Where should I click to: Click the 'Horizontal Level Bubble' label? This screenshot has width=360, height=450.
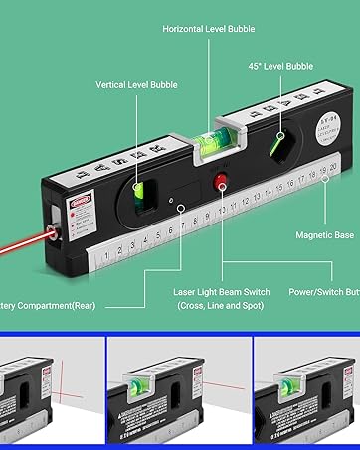[x=209, y=30]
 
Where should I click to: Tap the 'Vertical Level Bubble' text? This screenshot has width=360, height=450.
[x=137, y=85]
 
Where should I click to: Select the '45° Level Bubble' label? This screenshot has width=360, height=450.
[x=280, y=66]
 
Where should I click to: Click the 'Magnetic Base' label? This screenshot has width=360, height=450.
[x=323, y=235]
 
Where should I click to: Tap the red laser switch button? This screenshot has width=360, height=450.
[x=221, y=180]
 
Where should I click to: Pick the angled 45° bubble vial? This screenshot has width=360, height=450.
[x=282, y=148]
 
